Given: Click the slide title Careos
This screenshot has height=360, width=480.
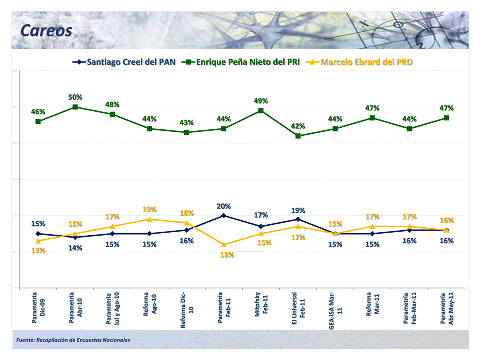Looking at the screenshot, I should point(46,31).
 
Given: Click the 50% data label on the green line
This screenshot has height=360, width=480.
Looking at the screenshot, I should point(75,97).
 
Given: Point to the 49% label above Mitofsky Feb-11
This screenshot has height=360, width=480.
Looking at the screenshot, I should point(261,101).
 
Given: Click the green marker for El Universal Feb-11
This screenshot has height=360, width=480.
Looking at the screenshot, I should point(298,136).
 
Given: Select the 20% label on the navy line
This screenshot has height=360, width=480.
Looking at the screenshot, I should point(224,206).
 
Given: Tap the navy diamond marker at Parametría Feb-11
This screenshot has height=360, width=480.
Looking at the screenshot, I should point(224,216).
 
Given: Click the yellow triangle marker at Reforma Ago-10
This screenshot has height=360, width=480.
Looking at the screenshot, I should point(150,219).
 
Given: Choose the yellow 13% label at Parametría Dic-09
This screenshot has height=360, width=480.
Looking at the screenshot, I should point(38,251).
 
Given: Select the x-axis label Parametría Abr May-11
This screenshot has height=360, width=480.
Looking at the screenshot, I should point(447,310).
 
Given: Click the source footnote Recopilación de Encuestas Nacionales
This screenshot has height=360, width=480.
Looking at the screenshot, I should point(73,340).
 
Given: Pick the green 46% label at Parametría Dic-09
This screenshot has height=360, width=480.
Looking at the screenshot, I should point(38,112).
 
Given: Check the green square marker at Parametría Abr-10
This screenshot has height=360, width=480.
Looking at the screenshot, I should point(75,107).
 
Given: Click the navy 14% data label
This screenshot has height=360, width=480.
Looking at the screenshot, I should point(75,248).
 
